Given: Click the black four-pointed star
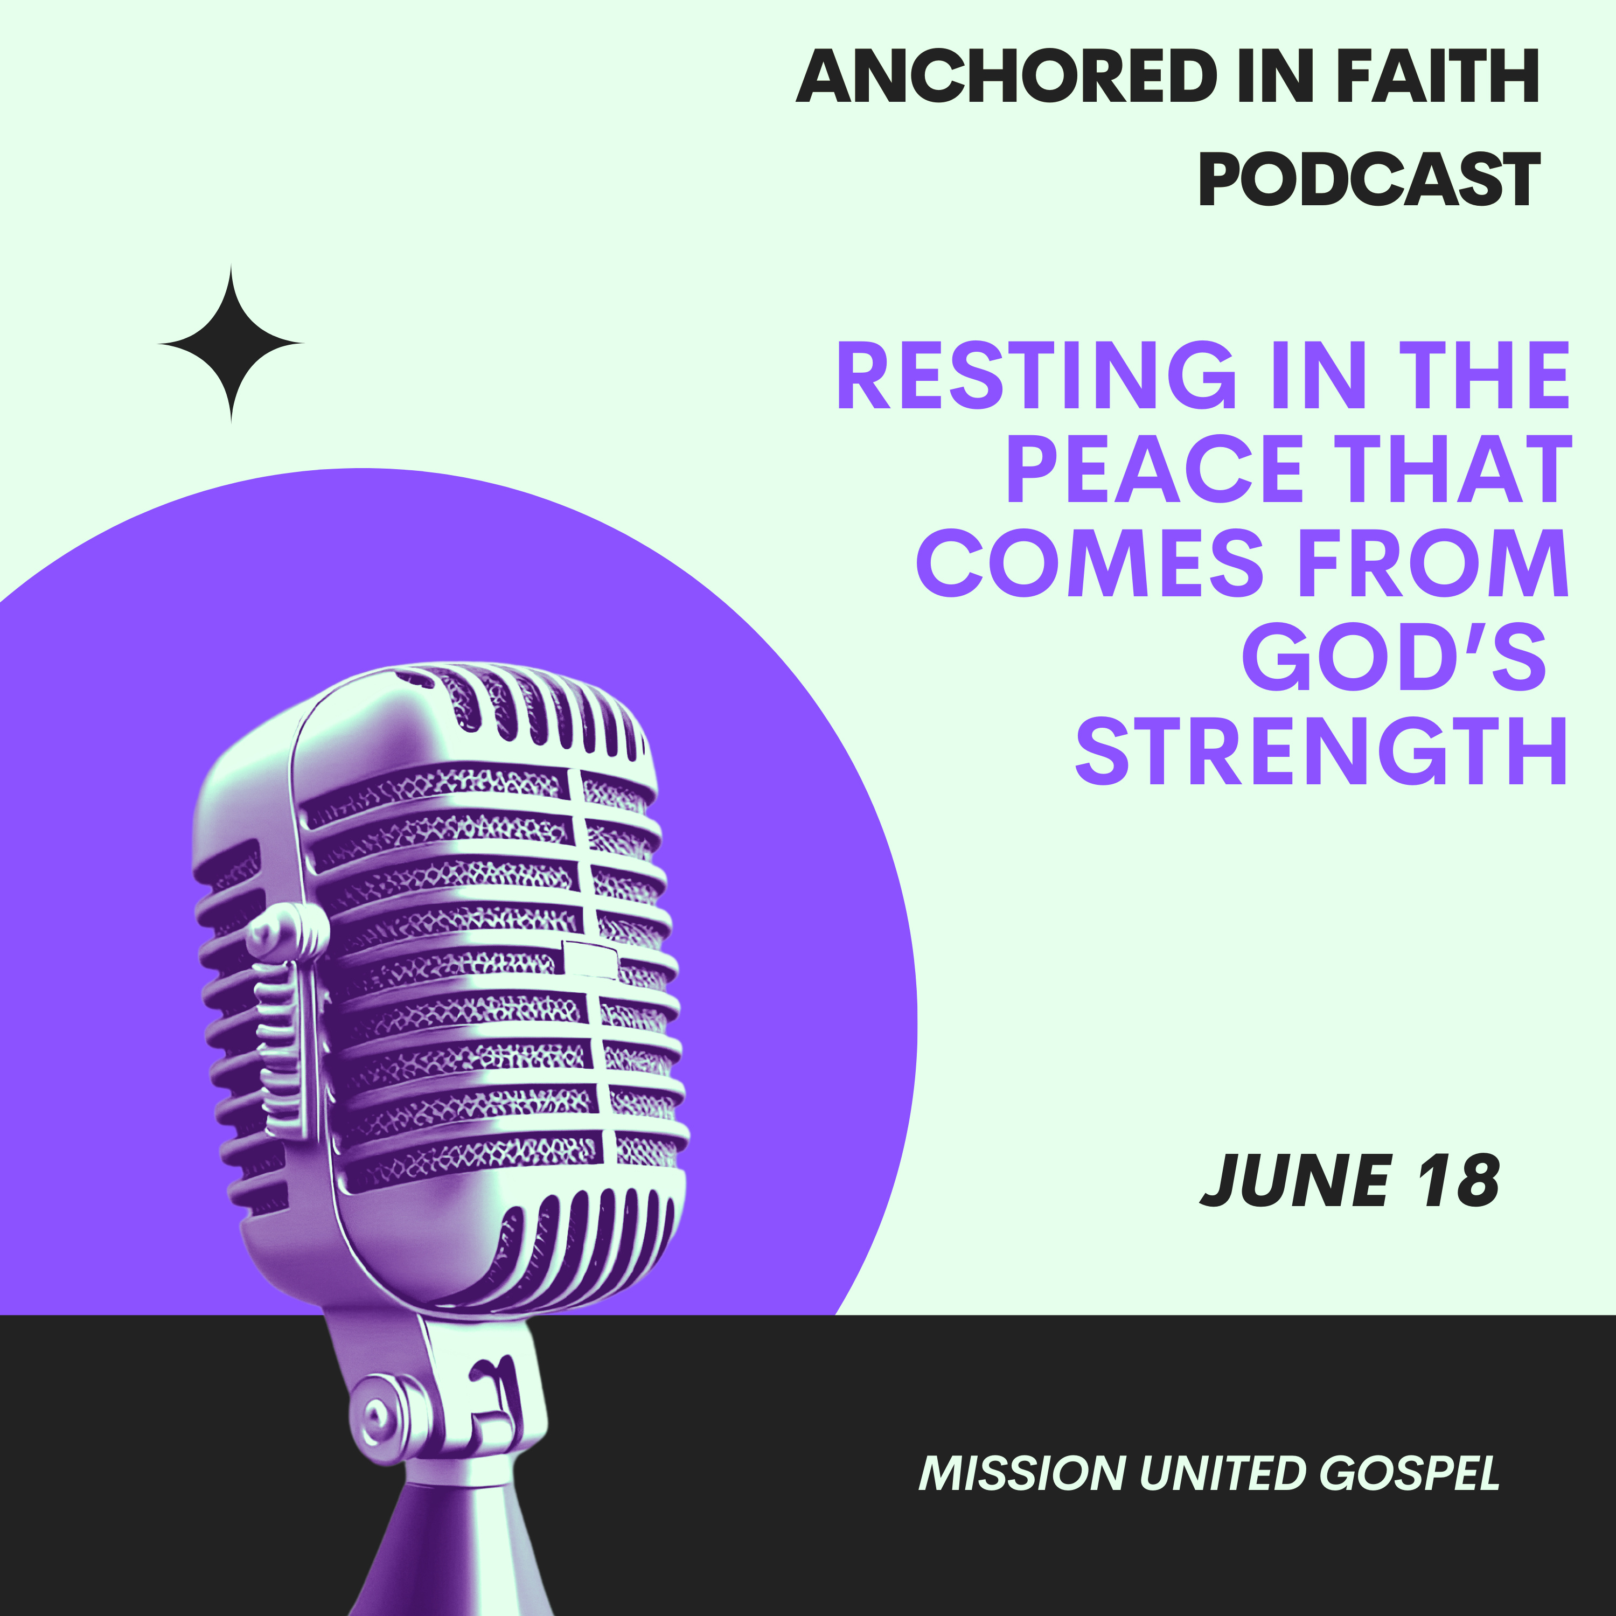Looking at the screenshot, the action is pyautogui.click(x=231, y=344).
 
